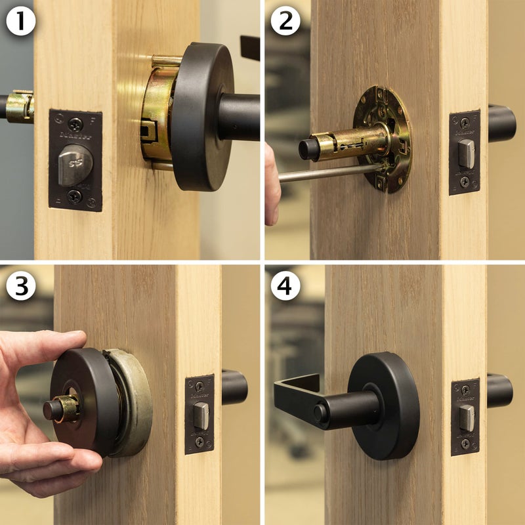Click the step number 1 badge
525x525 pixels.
tap(19, 22)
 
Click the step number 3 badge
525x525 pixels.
tap(19, 287)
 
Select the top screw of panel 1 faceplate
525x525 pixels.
tap(75, 123)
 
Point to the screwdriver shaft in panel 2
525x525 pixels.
tap(328, 173)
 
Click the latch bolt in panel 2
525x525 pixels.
tap(465, 152)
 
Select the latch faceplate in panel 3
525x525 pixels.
tap(199, 414)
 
